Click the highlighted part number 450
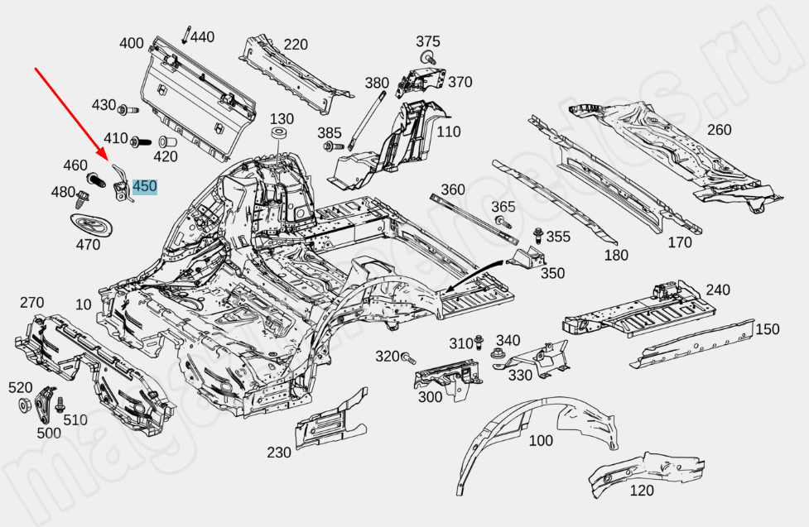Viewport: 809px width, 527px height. (x=144, y=186)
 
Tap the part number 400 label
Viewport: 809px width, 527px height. (x=132, y=44)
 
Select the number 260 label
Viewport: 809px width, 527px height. (x=719, y=129)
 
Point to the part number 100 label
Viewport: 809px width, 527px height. (x=540, y=441)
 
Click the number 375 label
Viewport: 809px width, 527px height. (x=428, y=41)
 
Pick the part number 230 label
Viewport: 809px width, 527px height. (x=279, y=453)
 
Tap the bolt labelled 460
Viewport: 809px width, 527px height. (x=94, y=178)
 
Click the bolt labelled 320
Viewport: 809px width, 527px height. (x=407, y=357)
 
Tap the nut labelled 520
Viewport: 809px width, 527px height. (x=24, y=405)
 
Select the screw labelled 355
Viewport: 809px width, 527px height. (x=539, y=236)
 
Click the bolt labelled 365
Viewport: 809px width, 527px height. (x=502, y=222)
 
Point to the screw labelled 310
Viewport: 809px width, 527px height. (x=479, y=343)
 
